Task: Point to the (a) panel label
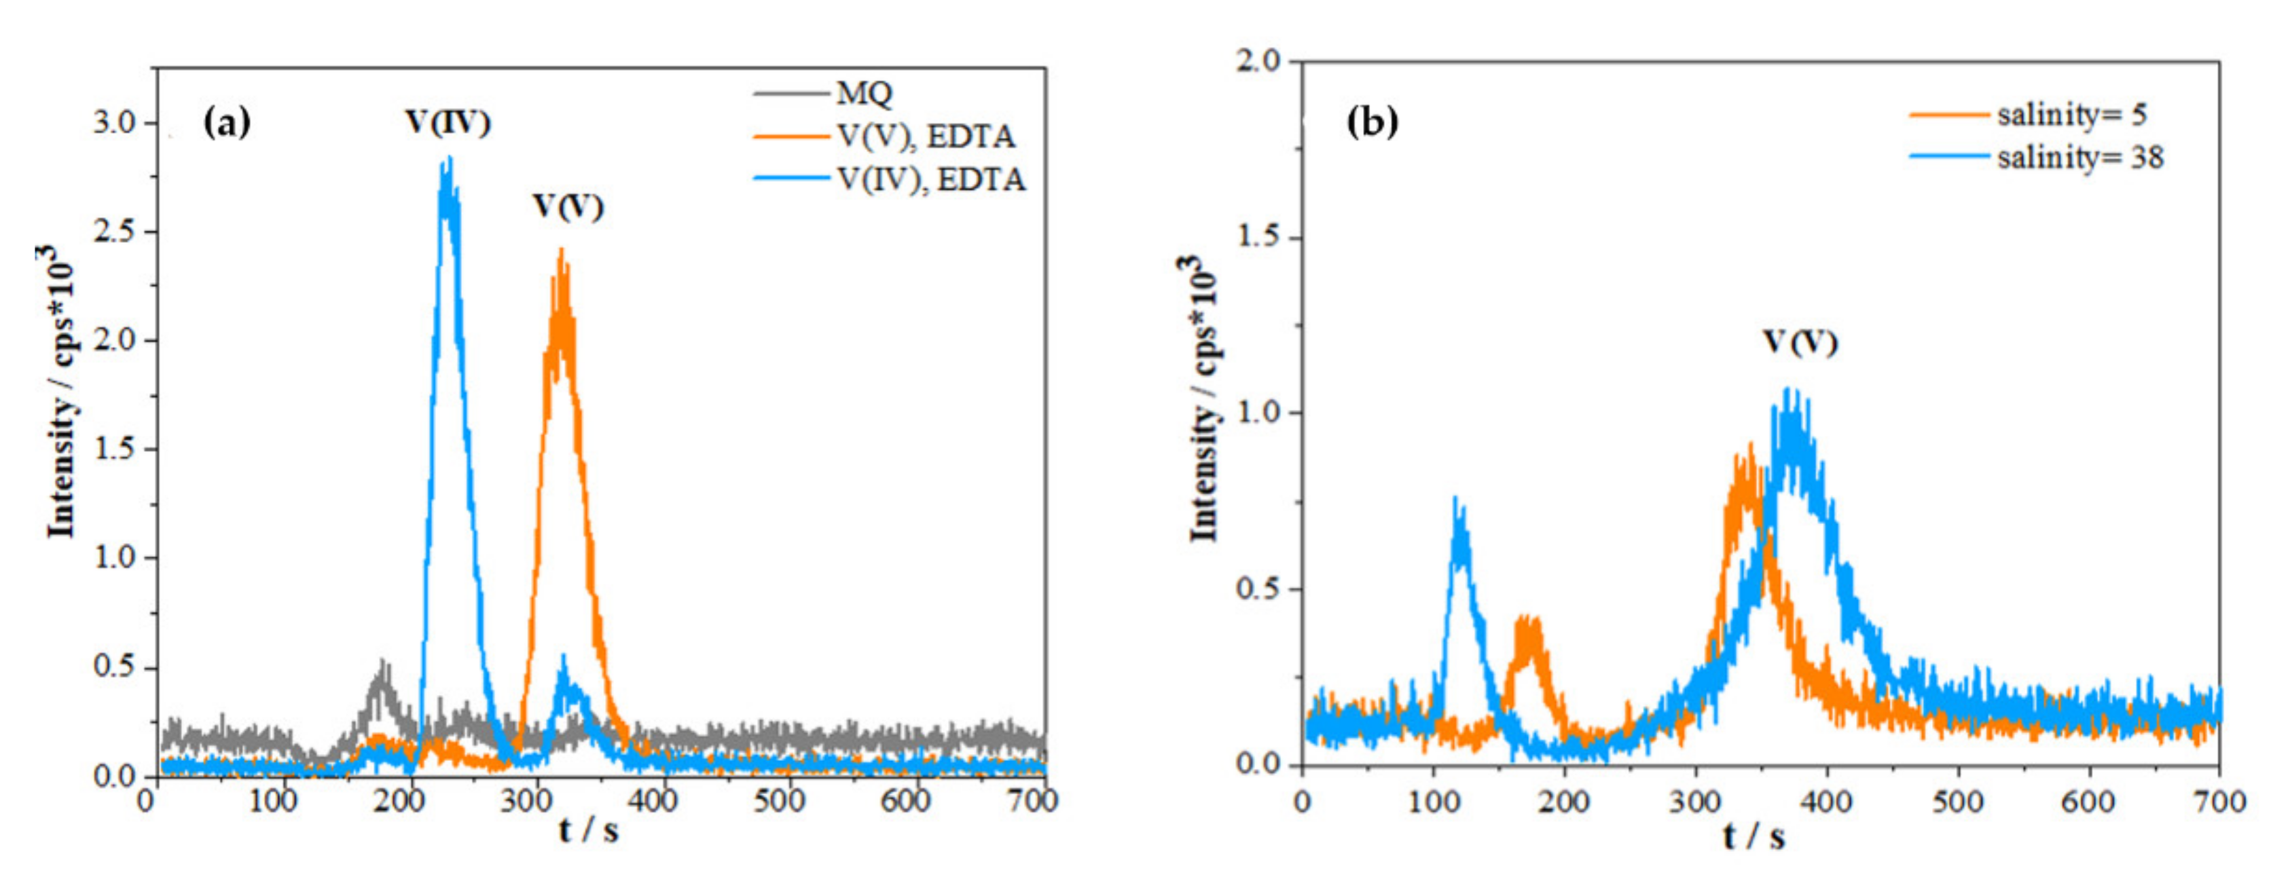pos(227,122)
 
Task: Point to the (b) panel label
pos(1373,121)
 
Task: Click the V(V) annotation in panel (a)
pos(568,206)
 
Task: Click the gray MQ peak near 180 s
pos(383,667)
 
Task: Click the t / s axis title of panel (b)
pos(1753,836)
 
